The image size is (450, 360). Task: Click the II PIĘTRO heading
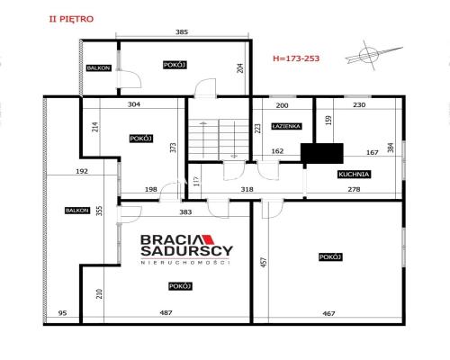(71, 19)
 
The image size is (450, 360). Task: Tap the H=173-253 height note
(296, 58)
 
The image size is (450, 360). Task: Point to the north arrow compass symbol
(372, 55)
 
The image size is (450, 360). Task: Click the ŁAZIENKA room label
(286, 126)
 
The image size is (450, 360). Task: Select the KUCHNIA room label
(354, 175)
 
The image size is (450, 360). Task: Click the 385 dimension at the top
(182, 31)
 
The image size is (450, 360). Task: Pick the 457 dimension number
(264, 262)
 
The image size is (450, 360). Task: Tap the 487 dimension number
(166, 312)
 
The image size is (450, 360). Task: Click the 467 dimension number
(328, 313)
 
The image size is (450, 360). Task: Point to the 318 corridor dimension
(247, 189)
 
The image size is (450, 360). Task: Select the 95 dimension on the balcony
(62, 313)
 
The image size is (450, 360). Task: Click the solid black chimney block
(322, 153)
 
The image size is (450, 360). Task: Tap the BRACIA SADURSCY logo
(186, 249)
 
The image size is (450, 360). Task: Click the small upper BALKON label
(99, 68)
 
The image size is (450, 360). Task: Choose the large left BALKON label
(77, 211)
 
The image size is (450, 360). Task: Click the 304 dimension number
(134, 104)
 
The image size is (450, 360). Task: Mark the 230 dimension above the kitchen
(359, 104)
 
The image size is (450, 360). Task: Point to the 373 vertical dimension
(174, 148)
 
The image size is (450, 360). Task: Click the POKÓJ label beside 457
(330, 257)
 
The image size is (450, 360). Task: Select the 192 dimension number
(82, 171)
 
